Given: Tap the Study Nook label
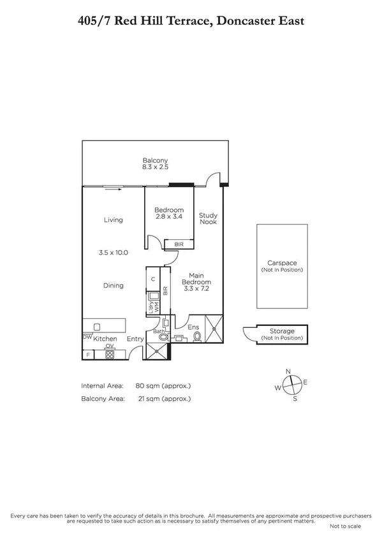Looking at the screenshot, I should click(x=208, y=219).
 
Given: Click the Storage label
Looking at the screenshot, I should click(x=282, y=331).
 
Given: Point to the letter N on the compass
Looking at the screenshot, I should click(x=288, y=371).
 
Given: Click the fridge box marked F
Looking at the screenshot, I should click(x=87, y=354).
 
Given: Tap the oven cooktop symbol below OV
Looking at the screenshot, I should click(x=110, y=355).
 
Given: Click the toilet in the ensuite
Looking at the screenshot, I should click(x=197, y=335).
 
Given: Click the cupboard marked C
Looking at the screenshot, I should click(x=154, y=279).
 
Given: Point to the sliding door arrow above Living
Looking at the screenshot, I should click(x=113, y=188).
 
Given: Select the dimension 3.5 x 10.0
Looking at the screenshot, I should click(x=114, y=253).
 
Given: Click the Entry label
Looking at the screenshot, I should click(x=135, y=339).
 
